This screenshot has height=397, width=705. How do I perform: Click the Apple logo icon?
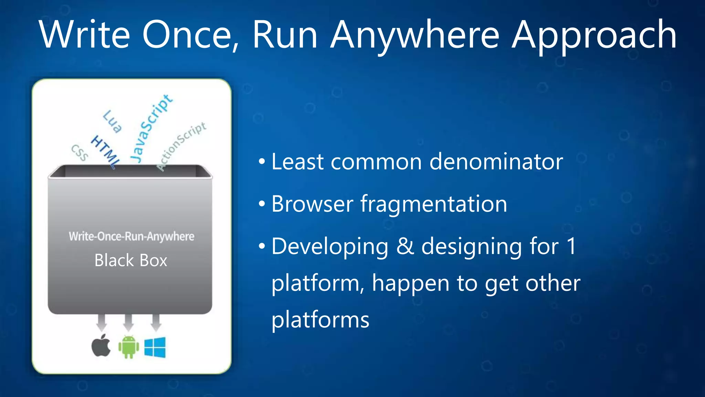coord(101,346)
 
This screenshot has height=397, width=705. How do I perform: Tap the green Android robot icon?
coord(129,347)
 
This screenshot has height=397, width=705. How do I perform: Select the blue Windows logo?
coord(155,347)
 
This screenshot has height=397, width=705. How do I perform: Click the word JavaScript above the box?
coord(151,128)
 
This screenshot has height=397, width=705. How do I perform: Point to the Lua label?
coord(112,121)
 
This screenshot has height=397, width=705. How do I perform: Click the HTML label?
coord(105,152)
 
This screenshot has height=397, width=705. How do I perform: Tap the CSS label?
coord(80,153)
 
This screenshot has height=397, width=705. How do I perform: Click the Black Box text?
coord(131,261)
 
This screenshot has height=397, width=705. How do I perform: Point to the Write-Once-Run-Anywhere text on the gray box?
coord(131,236)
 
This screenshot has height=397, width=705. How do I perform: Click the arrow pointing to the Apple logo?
coord(101,322)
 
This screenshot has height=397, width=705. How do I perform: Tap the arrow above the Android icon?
coord(128,322)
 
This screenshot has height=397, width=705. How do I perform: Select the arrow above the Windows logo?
coord(156,322)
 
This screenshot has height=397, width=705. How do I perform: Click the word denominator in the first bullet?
coord(496,162)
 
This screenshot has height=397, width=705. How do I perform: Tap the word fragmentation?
coord(434,204)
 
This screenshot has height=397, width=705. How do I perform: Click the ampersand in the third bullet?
coord(405,246)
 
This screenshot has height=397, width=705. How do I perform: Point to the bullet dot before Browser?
coord(262,204)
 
